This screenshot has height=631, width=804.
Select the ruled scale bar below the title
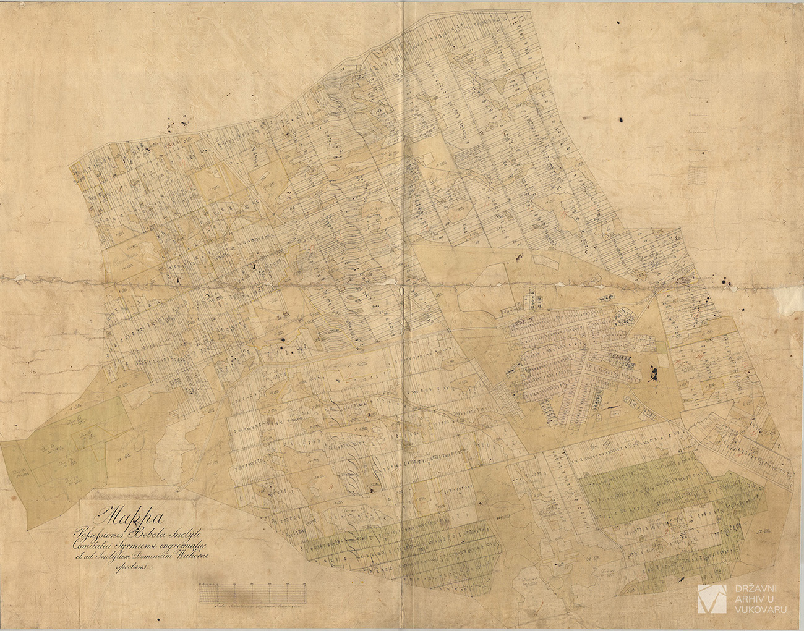[x=253, y=593]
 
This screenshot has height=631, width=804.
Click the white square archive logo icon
[x=711, y=598]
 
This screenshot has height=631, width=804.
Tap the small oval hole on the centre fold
[x=403, y=289]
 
